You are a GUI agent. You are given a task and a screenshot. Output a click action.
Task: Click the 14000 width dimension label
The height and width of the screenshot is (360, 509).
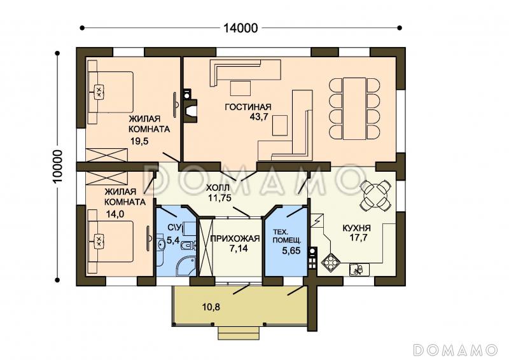[x=241, y=28]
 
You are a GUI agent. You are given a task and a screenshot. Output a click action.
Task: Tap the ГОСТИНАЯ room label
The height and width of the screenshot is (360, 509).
[x=248, y=107]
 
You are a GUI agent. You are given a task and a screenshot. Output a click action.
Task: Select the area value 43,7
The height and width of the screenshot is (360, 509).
[x=259, y=117]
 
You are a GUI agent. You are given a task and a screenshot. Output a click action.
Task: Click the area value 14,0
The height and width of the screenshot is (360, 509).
[x=116, y=214]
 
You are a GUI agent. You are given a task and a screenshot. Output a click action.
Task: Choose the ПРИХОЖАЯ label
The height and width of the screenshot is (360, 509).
[x=235, y=239]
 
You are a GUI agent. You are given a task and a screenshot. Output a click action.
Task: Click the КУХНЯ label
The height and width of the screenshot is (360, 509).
[x=357, y=228]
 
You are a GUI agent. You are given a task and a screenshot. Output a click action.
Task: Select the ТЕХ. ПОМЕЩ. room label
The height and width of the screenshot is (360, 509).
[x=287, y=237]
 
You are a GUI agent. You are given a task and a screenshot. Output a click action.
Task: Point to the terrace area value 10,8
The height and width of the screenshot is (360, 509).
[x=211, y=307]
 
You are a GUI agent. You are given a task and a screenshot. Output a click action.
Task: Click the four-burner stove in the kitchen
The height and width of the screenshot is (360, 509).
[x=331, y=261]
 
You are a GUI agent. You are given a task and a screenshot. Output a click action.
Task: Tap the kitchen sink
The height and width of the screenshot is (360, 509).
[x=359, y=270]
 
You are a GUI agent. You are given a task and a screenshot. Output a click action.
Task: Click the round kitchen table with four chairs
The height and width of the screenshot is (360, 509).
[x=376, y=196]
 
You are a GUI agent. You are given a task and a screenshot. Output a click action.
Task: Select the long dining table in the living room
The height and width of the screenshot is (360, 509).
[x=355, y=108]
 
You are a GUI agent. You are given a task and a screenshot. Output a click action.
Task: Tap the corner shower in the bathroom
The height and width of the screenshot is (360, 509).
[x=186, y=265]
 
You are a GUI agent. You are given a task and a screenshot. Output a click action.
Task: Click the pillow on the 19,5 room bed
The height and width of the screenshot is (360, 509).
[x=99, y=92]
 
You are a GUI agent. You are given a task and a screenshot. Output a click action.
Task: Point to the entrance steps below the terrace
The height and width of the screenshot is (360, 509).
[x=238, y=333]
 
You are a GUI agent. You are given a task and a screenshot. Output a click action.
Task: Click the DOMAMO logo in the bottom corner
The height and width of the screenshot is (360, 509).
[x=456, y=349]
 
